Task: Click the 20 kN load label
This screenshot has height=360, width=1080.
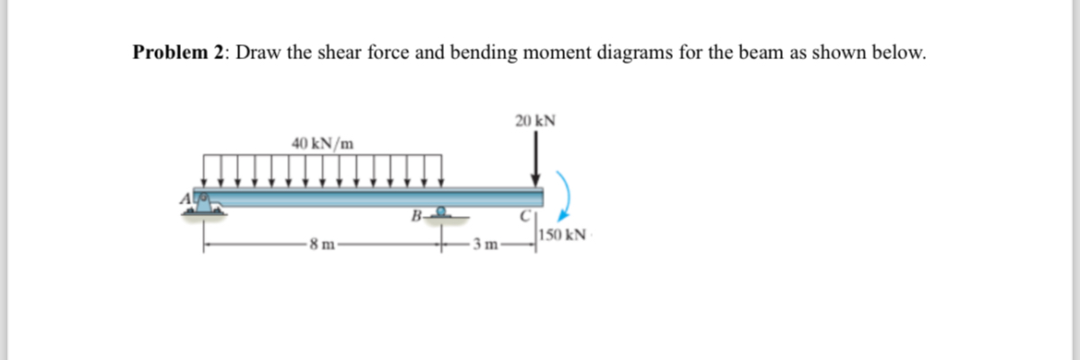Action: (x=535, y=121)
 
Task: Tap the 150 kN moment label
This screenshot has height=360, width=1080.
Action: (x=563, y=235)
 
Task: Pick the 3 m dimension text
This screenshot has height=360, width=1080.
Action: (x=486, y=245)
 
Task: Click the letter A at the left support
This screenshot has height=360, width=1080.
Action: (x=186, y=197)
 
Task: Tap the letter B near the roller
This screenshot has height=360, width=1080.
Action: (x=417, y=218)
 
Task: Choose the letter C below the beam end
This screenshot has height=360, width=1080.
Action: (x=522, y=218)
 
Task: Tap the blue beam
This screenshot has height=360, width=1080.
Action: (x=369, y=196)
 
